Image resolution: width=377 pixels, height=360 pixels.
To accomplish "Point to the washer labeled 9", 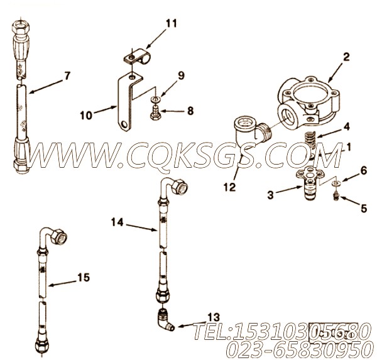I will (155, 99).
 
